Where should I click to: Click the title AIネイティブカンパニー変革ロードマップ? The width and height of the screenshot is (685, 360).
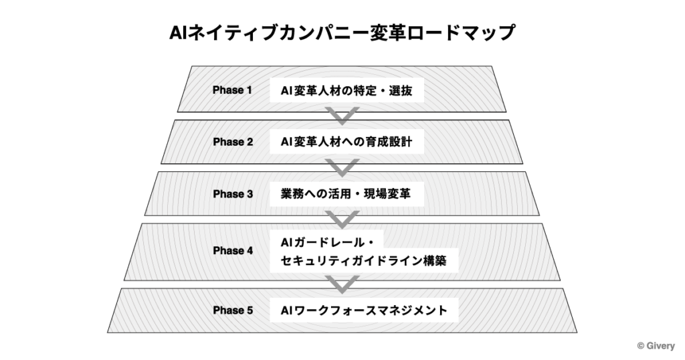click(342, 33)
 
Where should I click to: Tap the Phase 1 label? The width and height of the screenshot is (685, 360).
click(232, 90)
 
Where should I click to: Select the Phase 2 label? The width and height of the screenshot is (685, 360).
click(233, 142)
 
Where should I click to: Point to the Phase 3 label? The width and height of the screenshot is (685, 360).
click(233, 194)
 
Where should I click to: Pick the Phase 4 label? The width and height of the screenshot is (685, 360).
click(233, 251)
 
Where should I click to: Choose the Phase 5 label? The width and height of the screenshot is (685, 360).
click(233, 310)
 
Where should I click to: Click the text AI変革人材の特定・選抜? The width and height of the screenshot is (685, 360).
click(347, 90)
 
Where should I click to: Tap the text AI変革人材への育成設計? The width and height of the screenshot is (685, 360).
click(347, 142)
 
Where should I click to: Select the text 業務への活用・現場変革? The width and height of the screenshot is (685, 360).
click(346, 193)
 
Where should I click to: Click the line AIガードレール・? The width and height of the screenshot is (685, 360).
click(327, 242)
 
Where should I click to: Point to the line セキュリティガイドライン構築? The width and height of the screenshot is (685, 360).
click(363, 261)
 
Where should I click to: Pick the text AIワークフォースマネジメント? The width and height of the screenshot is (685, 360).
click(364, 310)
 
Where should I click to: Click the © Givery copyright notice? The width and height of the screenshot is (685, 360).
click(656, 346)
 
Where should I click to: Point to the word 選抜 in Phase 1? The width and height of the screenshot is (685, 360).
click(401, 90)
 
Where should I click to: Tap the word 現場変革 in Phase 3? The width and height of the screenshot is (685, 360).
click(387, 193)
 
